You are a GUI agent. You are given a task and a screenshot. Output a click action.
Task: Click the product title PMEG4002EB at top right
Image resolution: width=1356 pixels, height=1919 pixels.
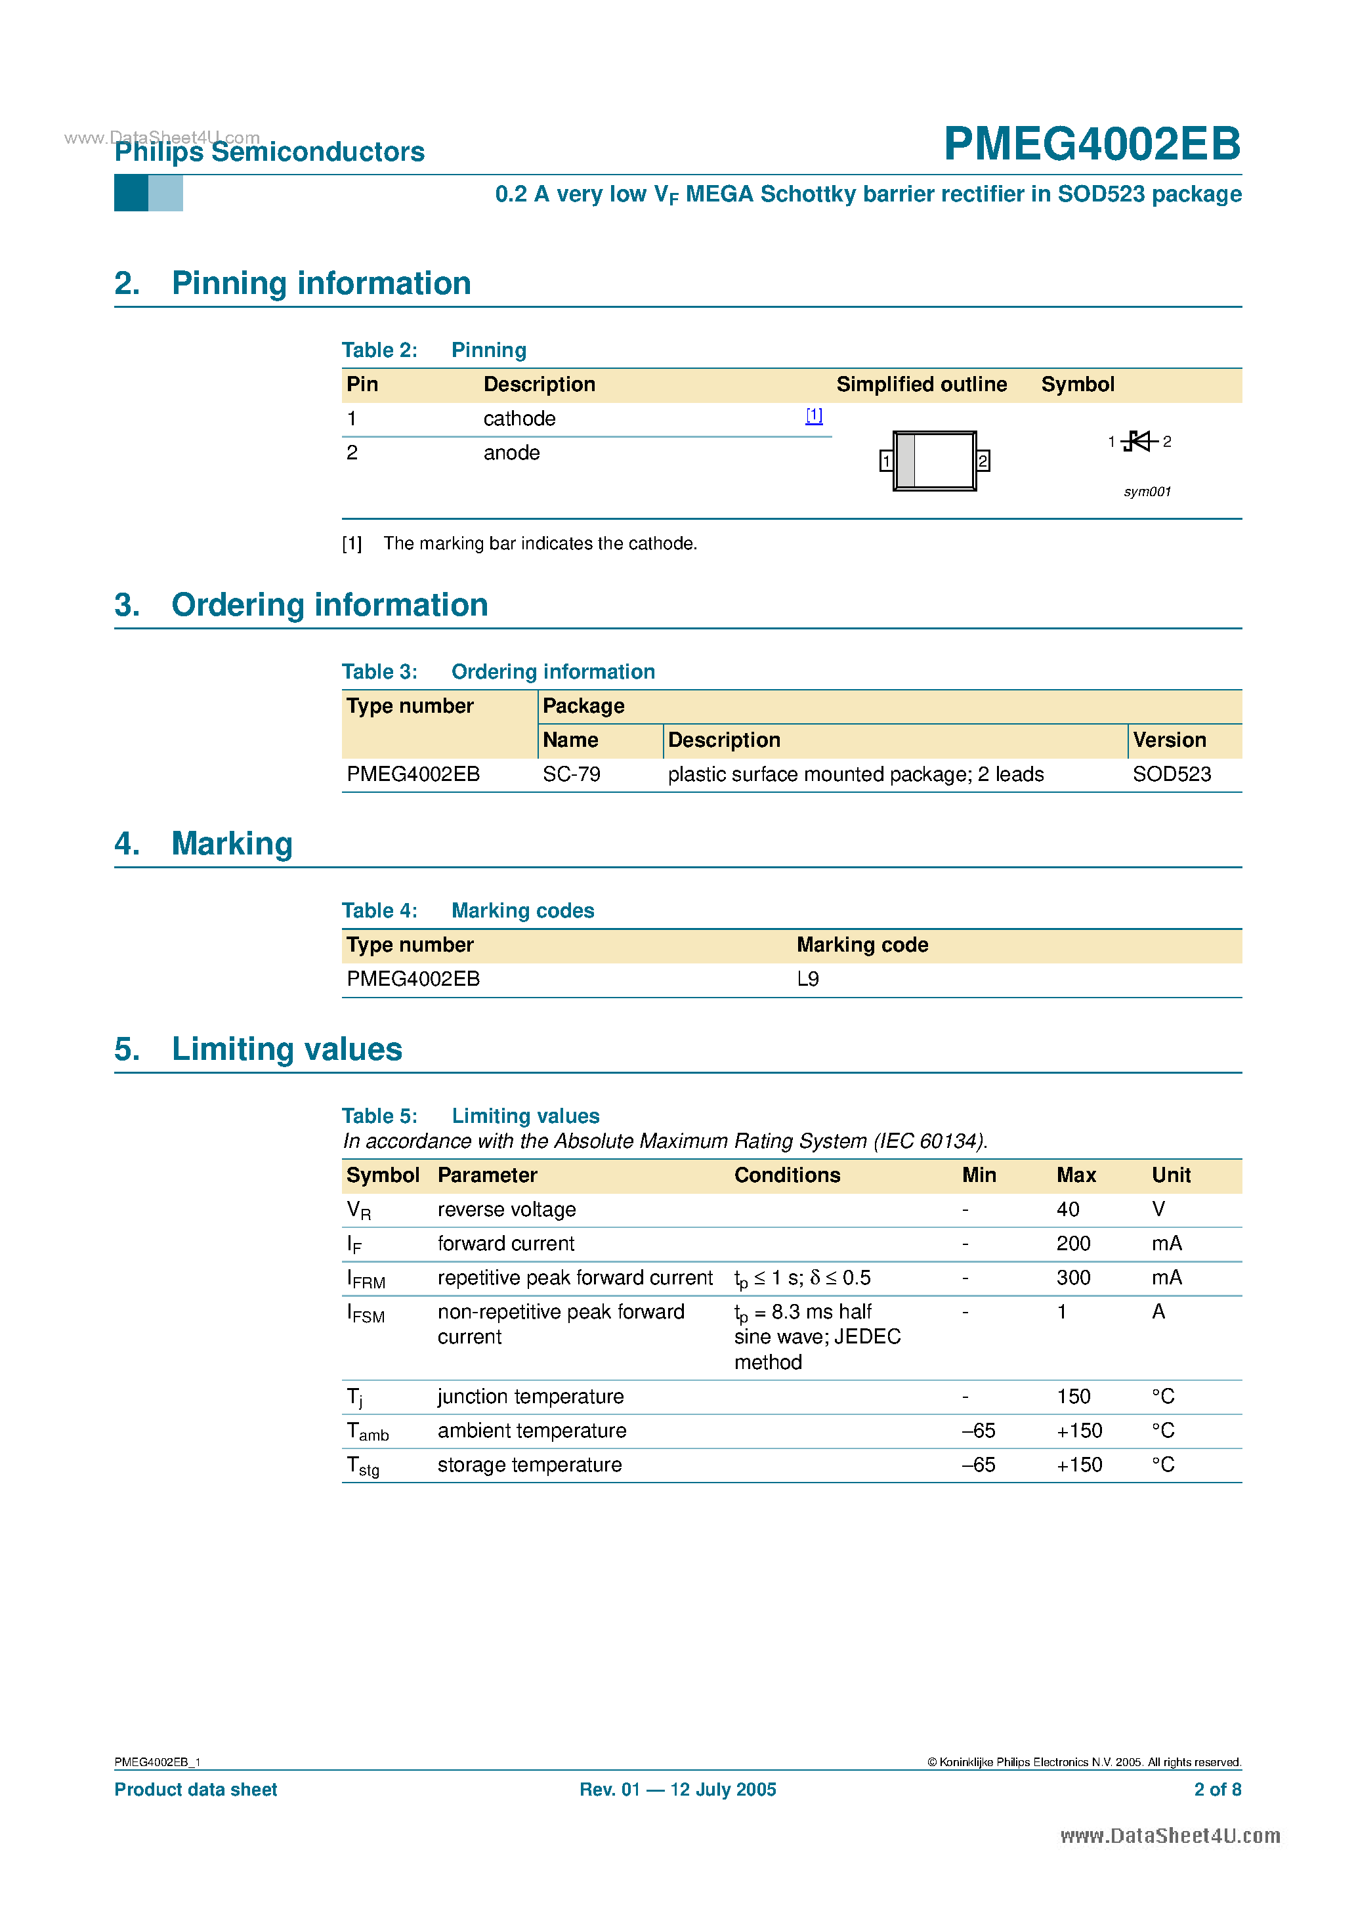pyautogui.click(x=1091, y=144)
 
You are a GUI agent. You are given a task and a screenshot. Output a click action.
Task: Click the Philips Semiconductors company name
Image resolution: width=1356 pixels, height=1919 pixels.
pyautogui.click(x=269, y=152)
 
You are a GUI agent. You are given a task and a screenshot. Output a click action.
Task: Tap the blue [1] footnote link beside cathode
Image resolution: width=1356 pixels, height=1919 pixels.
pyautogui.click(x=813, y=415)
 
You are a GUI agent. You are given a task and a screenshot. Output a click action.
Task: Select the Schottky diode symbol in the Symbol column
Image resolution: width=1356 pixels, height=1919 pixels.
pyautogui.click(x=1139, y=440)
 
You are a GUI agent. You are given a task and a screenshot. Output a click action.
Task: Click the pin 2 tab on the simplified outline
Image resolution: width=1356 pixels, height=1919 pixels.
pyautogui.click(x=983, y=461)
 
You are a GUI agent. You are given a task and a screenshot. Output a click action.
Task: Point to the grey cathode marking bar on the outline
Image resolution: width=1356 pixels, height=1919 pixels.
pyautogui.click(x=905, y=461)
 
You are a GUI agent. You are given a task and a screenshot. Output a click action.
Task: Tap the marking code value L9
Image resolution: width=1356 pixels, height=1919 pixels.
pyautogui.click(x=807, y=979)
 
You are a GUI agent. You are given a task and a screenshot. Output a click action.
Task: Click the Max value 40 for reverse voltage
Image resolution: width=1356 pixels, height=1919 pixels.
pyautogui.click(x=1068, y=1210)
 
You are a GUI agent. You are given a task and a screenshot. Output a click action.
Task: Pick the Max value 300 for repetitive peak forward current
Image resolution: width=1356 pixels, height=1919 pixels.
pyautogui.click(x=1072, y=1277)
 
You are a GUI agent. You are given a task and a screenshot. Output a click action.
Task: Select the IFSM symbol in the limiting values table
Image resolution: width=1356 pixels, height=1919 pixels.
pyautogui.click(x=366, y=1313)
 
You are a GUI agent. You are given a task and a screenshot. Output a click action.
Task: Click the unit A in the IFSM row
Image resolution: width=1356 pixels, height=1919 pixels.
pyautogui.click(x=1158, y=1311)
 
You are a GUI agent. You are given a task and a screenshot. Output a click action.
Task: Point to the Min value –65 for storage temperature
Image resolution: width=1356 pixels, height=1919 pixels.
pyautogui.click(x=978, y=1464)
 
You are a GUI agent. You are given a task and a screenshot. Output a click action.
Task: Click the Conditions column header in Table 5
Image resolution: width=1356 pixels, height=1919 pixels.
pyautogui.click(x=787, y=1175)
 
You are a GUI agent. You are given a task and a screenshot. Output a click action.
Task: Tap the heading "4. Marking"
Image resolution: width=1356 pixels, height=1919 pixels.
pyautogui.click(x=204, y=843)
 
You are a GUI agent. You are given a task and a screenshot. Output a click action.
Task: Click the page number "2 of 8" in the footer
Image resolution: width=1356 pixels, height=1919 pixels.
pyautogui.click(x=1218, y=1790)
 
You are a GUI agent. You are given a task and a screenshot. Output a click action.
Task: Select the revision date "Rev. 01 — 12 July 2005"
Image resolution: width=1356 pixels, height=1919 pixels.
pyautogui.click(x=677, y=1790)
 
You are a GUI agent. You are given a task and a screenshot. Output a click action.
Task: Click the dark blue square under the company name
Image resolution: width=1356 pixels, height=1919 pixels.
pyautogui.click(x=131, y=193)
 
